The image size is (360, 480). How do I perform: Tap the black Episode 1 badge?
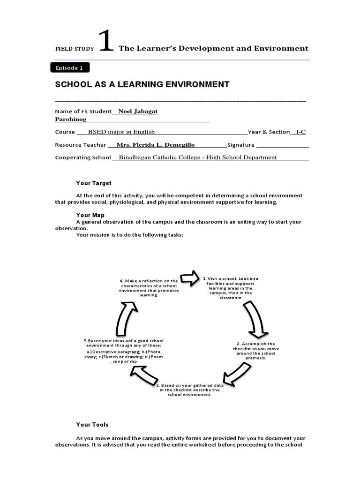(x=69, y=68)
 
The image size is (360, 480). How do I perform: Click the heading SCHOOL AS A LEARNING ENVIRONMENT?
(x=142, y=84)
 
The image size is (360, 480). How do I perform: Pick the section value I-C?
(x=300, y=132)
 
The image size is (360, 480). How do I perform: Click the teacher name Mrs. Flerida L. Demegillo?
(x=155, y=145)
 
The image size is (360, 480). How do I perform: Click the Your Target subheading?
(x=94, y=183)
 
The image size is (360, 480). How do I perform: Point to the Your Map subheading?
(x=90, y=215)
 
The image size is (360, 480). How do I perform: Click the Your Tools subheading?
(x=92, y=425)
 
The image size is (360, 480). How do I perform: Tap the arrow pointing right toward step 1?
(x=190, y=278)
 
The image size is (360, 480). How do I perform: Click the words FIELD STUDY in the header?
(x=75, y=48)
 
